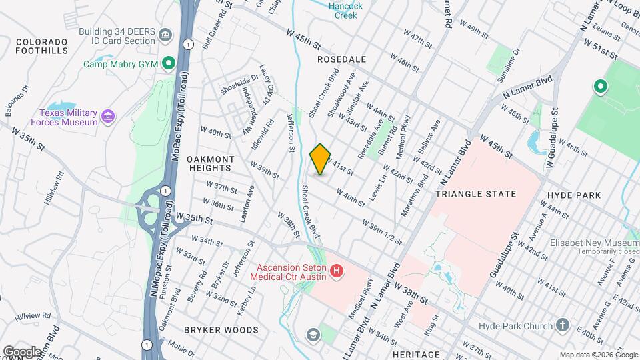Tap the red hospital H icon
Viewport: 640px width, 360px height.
(337, 271)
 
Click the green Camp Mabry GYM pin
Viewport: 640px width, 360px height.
(169, 64)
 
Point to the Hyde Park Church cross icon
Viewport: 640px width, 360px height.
(563, 326)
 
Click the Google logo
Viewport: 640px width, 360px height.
(22, 351)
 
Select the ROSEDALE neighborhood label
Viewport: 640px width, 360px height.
(341, 59)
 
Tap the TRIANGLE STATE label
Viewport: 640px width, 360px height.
(475, 194)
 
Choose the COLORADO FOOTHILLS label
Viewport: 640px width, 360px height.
(42, 45)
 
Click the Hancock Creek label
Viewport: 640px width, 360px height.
(346, 10)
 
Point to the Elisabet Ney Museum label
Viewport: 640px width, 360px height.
(595, 243)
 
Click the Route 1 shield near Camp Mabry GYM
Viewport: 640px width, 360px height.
(189, 44)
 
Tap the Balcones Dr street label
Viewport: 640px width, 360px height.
(17, 99)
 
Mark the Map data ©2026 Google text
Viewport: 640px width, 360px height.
(598, 355)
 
